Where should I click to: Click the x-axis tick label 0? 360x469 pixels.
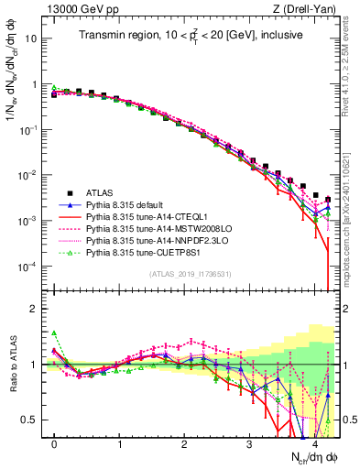pyautogui.click(x=55, y=443)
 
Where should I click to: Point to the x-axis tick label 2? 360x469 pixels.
pyautogui.click(x=185, y=443)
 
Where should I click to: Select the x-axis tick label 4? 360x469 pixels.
pyautogui.click(x=314, y=443)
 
